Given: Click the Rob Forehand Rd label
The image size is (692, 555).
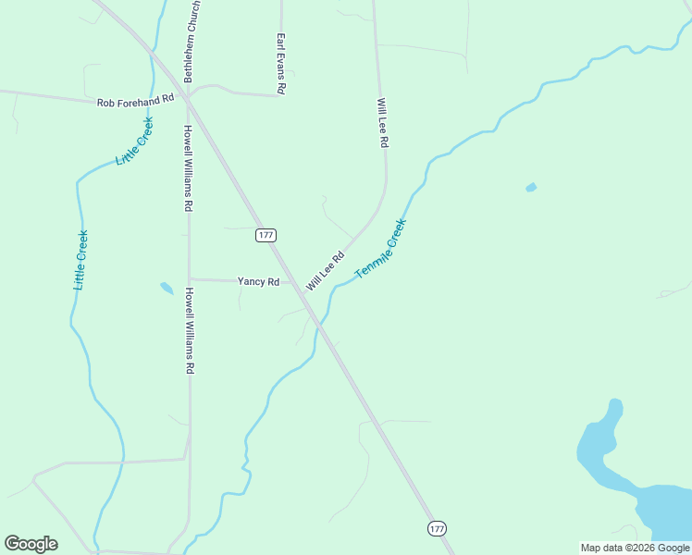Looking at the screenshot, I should point(136,99).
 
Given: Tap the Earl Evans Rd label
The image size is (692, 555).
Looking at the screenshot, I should point(280,63).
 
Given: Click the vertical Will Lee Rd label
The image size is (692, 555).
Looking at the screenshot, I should point(381,124).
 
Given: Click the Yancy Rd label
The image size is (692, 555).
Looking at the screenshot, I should point(258,281).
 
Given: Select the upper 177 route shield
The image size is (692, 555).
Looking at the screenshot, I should point(266,235).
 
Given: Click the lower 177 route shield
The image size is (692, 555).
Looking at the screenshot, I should point(438,528).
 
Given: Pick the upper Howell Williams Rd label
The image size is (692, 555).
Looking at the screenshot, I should point(188,168).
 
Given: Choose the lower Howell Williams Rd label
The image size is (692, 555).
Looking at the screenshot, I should point(189,330).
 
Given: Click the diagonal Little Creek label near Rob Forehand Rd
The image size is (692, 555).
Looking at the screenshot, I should point(134,142).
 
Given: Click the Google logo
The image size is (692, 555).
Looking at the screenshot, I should point(31,544).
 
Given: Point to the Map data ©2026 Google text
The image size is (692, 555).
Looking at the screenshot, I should point(635,548).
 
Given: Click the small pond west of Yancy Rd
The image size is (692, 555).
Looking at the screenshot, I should point(167,288).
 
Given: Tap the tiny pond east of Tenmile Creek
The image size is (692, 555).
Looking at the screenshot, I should point(530,188).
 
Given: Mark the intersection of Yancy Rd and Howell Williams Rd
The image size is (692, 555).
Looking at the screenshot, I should point(190,278).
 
